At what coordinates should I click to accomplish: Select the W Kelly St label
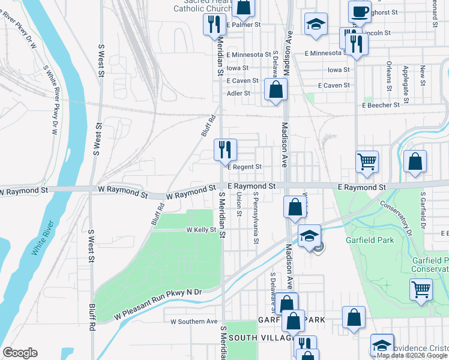click(200, 230)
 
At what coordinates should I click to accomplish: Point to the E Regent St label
click(244, 167)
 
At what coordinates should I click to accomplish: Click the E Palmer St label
click(244, 25)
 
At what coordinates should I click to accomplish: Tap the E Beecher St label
click(381, 105)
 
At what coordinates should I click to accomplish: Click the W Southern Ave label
click(193, 322)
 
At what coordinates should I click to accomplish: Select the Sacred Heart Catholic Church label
click(202, 5)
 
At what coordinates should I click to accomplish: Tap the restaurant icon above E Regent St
click(226, 150)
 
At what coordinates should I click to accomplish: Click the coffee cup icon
click(359, 11)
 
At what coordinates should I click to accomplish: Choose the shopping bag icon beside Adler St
click(276, 90)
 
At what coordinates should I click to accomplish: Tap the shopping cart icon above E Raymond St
click(367, 161)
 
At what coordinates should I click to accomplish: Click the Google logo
click(20, 353)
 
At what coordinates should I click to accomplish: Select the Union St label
click(239, 204)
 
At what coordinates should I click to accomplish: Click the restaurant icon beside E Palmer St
click(212, 25)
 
